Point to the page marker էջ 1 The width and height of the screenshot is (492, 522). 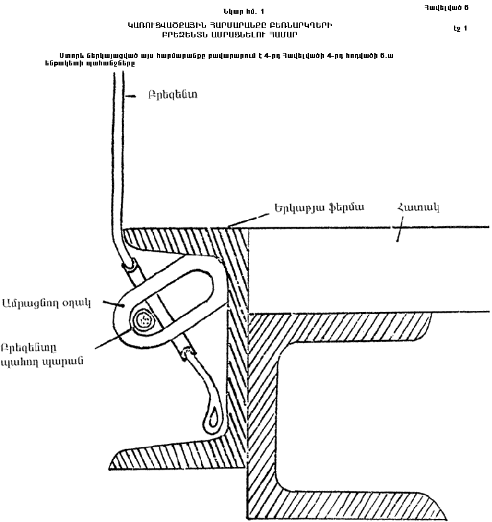click(461, 28)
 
